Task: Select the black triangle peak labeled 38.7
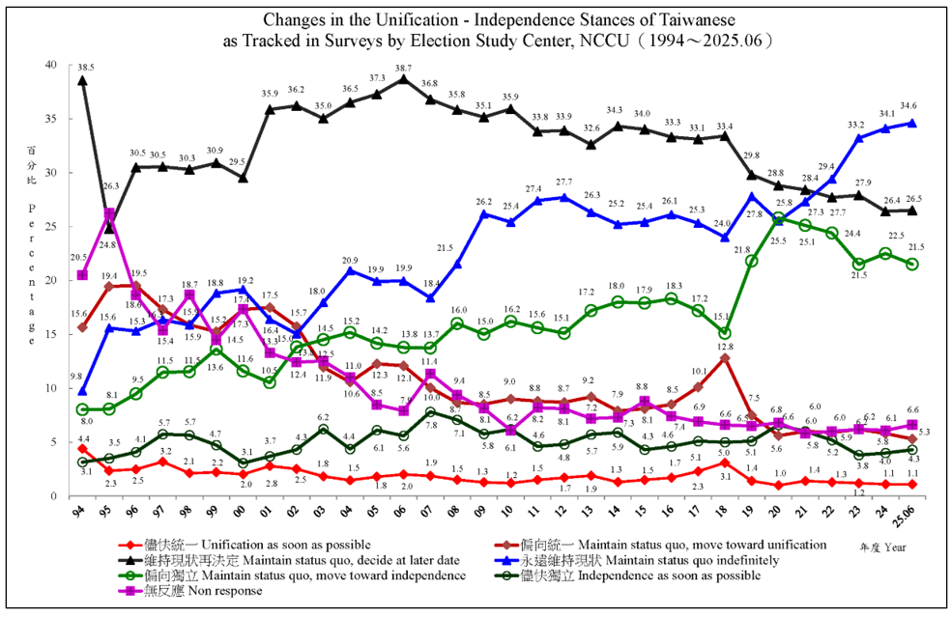click(x=402, y=78)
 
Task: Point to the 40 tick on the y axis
click(x=49, y=65)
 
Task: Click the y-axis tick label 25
click(x=49, y=226)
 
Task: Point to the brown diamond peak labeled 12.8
click(x=726, y=357)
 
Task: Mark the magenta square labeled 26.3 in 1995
click(x=110, y=214)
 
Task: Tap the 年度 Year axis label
click(x=884, y=547)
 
